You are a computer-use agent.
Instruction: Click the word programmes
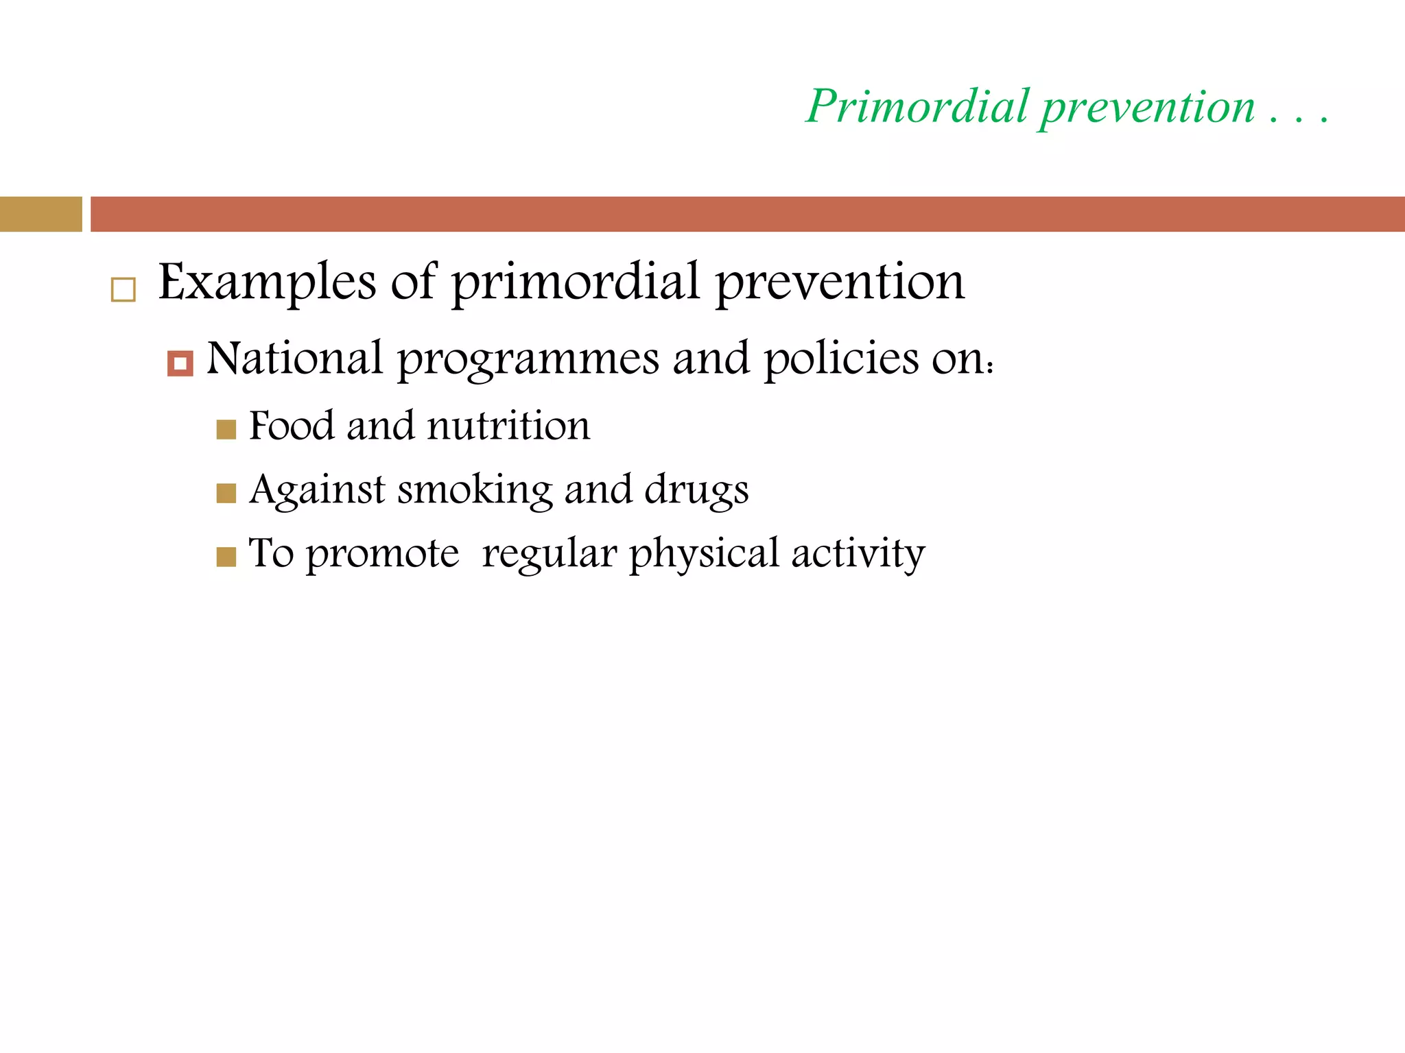(x=528, y=360)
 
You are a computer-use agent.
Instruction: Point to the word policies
(x=841, y=360)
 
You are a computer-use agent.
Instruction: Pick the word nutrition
(x=508, y=426)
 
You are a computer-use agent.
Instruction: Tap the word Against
(x=317, y=490)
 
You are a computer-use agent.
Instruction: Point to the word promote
(x=382, y=554)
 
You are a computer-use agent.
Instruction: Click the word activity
(x=858, y=554)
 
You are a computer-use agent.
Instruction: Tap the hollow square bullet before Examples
(x=123, y=290)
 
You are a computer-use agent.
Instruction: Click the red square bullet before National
(x=180, y=363)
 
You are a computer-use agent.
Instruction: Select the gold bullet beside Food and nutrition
(x=226, y=430)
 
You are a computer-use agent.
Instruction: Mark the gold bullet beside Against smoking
(x=226, y=494)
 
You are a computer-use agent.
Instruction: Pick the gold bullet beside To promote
(x=226, y=557)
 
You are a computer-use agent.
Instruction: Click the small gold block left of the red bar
(x=40, y=214)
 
